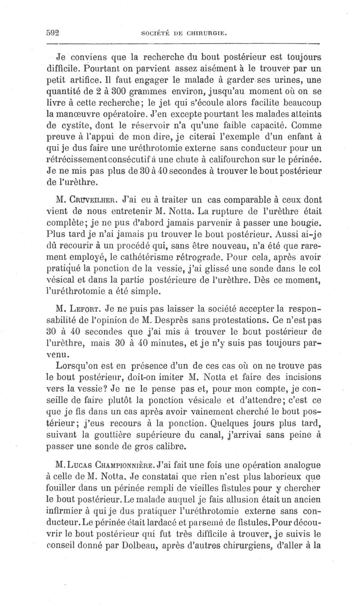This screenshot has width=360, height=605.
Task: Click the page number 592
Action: click(54, 32)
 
